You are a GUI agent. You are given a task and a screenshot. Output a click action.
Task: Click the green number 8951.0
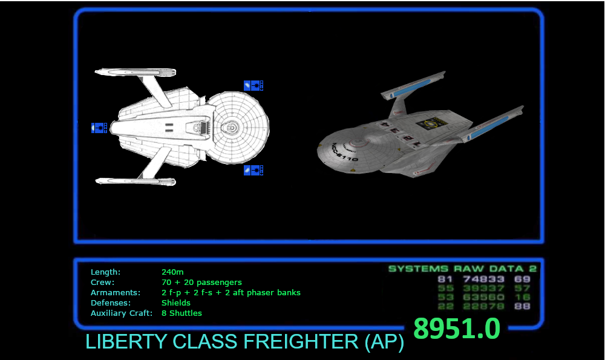(456, 329)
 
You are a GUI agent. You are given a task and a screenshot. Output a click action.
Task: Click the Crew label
(102, 283)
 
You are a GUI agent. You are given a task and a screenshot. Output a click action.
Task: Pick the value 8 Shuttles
(181, 313)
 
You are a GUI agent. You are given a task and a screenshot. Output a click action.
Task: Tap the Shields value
(175, 303)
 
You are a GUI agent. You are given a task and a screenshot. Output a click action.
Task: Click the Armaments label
(116, 293)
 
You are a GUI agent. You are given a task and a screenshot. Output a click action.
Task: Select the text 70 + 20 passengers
(201, 283)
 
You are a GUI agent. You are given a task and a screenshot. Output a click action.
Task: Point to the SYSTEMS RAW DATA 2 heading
(462, 269)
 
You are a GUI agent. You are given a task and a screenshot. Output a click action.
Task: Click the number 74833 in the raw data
(483, 280)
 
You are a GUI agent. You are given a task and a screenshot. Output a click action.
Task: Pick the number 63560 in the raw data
(483, 297)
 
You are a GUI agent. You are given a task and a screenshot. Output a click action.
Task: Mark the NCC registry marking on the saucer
(344, 153)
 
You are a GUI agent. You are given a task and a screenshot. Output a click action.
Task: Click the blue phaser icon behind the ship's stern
(99, 127)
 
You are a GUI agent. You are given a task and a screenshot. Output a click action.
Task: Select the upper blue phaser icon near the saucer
(253, 85)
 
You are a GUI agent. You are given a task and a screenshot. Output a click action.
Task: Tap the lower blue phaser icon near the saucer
(253, 170)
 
